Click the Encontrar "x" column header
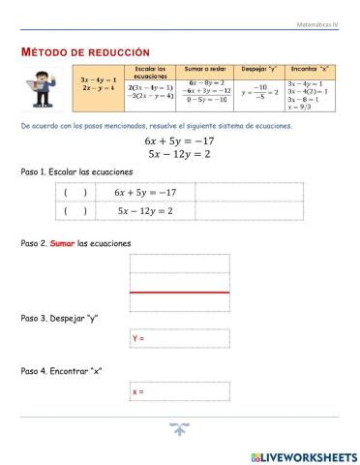[x=309, y=70]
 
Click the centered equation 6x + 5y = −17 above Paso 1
[x=180, y=140]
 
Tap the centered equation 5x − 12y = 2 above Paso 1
[x=180, y=153]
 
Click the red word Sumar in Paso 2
[x=63, y=243]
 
